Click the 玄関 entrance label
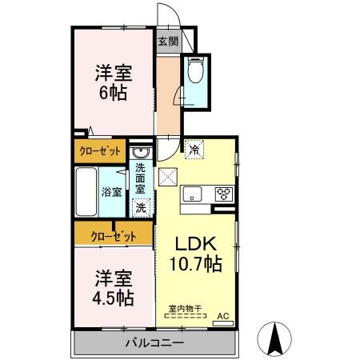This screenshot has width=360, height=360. click(166, 42)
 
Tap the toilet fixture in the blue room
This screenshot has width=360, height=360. click(195, 74)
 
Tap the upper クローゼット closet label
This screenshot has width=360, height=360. click(100, 150)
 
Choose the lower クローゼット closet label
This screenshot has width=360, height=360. click(113, 236)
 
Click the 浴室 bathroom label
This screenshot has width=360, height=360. click(111, 192)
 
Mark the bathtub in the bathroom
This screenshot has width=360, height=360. click(86, 192)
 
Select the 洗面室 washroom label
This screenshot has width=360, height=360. click(140, 180)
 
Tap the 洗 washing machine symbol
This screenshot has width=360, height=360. click(141, 207)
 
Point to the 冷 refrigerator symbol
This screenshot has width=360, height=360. click(194, 149)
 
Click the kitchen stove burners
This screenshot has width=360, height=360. click(222, 194)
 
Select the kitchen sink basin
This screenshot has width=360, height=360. click(194, 194)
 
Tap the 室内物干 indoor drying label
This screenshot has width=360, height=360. click(184, 309)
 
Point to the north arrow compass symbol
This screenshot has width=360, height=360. click(274, 338)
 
